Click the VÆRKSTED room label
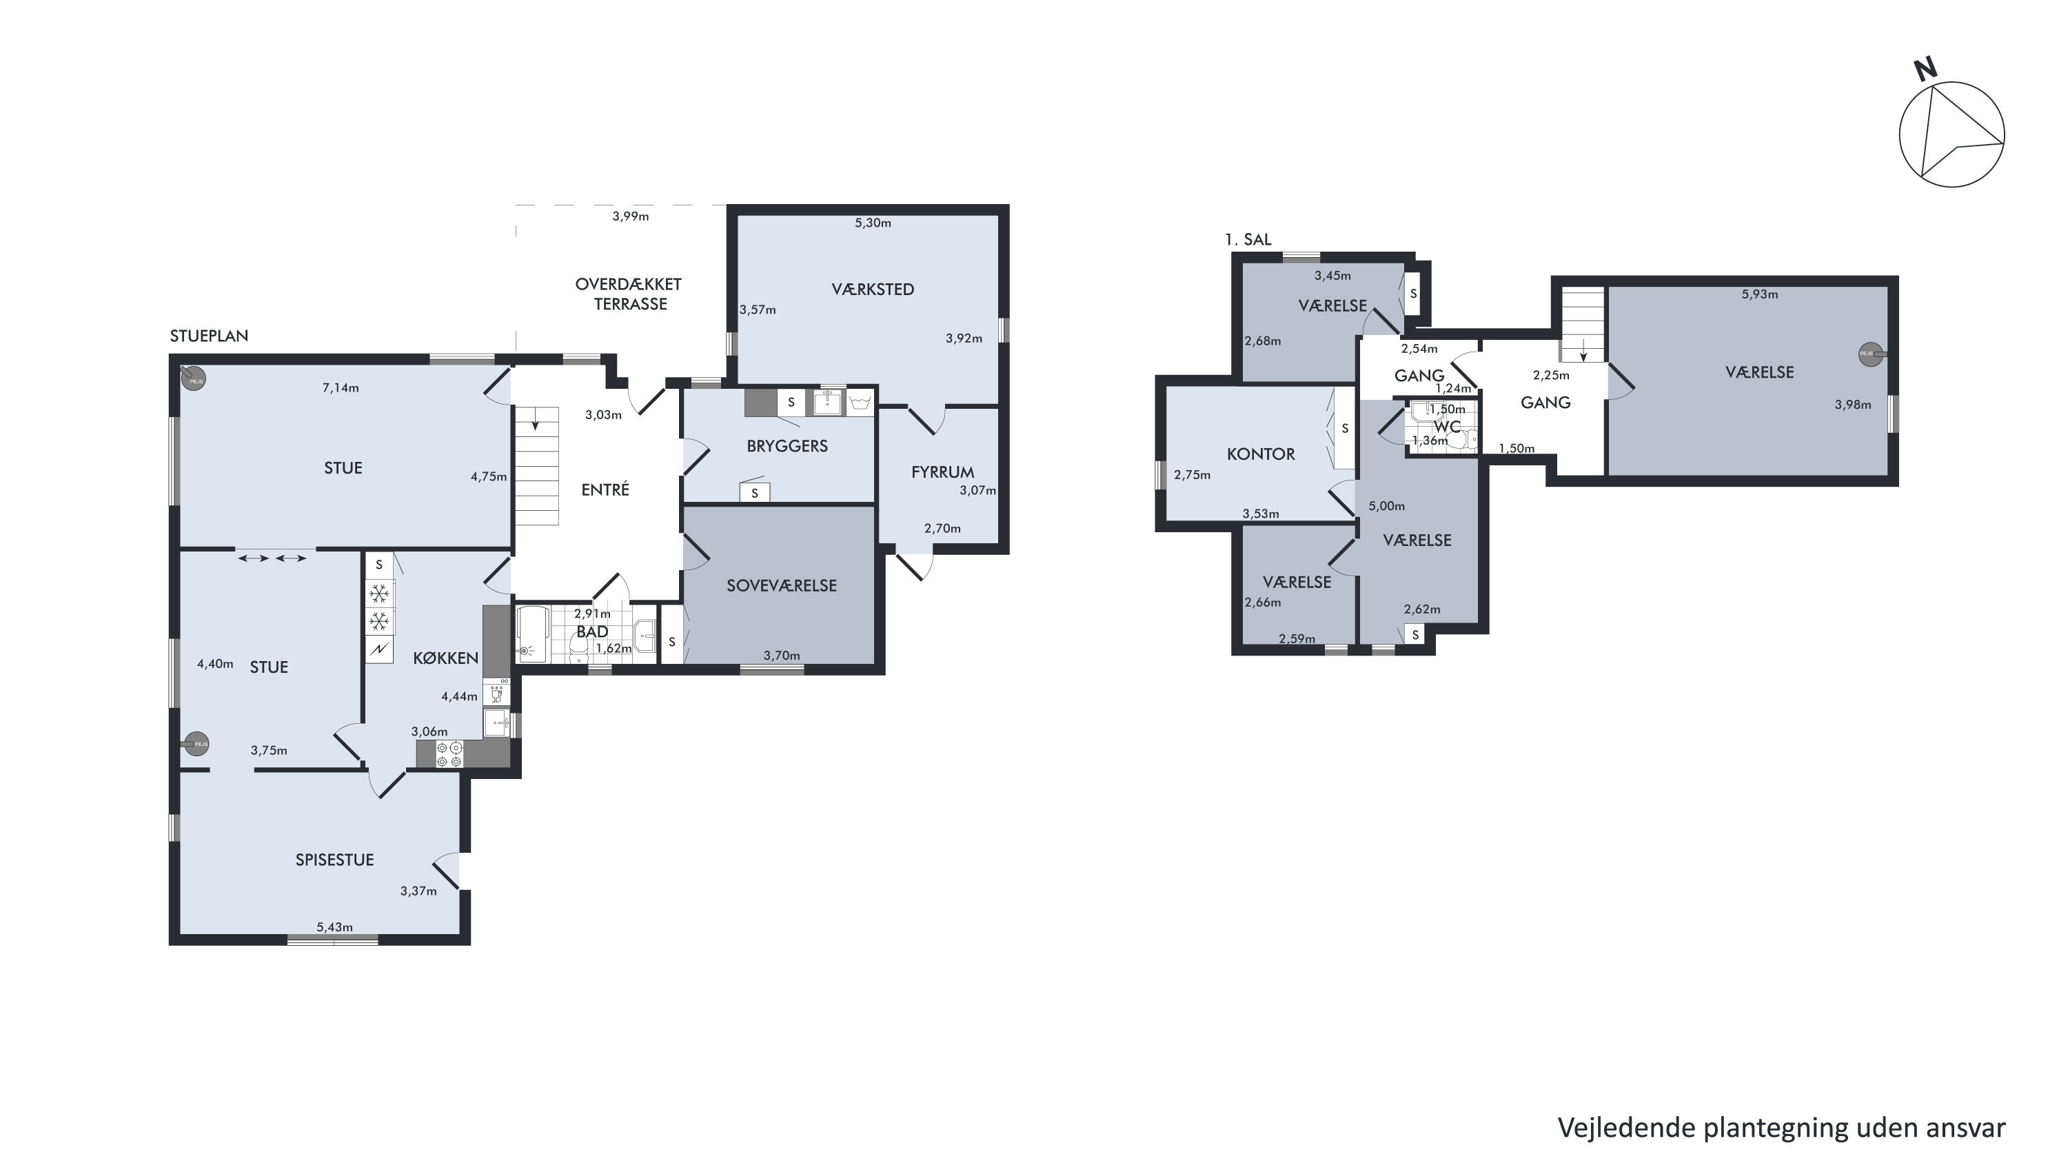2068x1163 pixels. tap(873, 289)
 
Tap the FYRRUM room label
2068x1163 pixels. tap(942, 472)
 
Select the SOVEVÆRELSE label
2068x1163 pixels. tap(781, 586)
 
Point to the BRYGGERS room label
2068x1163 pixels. tap(787, 445)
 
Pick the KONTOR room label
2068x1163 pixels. tap(1260, 454)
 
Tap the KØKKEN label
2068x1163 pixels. tap(445, 658)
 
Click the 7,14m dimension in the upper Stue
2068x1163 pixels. tap(341, 387)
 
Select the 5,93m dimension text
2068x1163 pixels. tap(1760, 294)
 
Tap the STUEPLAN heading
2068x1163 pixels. tap(209, 336)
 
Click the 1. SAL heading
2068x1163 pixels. tap(1248, 239)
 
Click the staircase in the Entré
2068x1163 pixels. tap(536, 465)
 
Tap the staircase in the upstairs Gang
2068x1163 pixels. tap(1582, 324)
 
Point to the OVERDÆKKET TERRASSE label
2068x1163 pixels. tap(629, 294)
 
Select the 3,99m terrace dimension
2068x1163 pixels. tap(630, 216)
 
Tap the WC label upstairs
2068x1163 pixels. tap(1447, 426)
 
